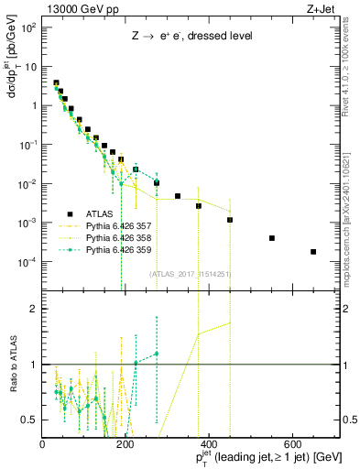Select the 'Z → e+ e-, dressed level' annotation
click(x=190, y=38)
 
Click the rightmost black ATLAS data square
click(x=313, y=252)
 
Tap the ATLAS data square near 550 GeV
click(x=272, y=238)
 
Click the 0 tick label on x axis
click(x=43, y=444)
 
